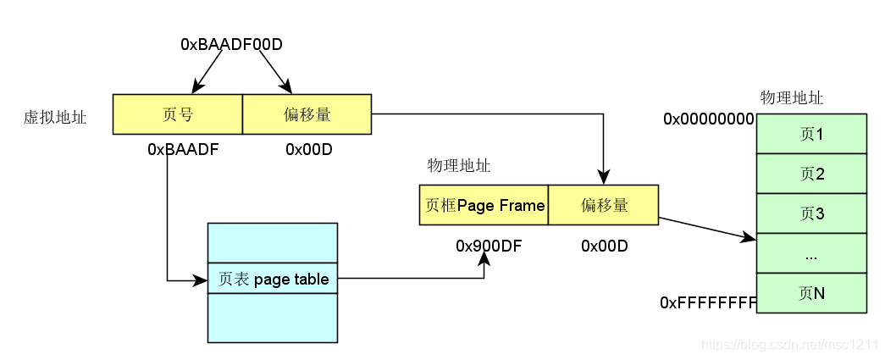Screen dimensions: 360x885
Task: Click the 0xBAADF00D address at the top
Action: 230,43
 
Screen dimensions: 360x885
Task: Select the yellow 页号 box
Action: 178,114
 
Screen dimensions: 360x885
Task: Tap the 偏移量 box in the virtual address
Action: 307,114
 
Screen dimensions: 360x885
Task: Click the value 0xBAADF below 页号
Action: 184,150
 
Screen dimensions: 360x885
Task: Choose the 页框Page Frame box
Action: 484,205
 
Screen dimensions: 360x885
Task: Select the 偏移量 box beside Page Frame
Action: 604,205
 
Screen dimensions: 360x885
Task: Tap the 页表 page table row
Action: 272,279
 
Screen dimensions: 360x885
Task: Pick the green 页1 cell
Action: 811,134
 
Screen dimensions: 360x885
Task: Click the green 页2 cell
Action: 811,174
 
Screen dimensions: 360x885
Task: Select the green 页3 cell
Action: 811,213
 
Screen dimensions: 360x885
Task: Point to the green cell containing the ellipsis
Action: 811,253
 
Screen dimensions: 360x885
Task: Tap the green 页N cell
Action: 811,293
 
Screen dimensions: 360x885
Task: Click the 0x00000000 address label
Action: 708,119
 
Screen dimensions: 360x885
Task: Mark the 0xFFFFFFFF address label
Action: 708,302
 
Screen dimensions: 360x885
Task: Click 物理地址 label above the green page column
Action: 792,98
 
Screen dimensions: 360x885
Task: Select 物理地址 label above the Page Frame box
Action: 459,166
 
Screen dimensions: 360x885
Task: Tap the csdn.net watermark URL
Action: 791,346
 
